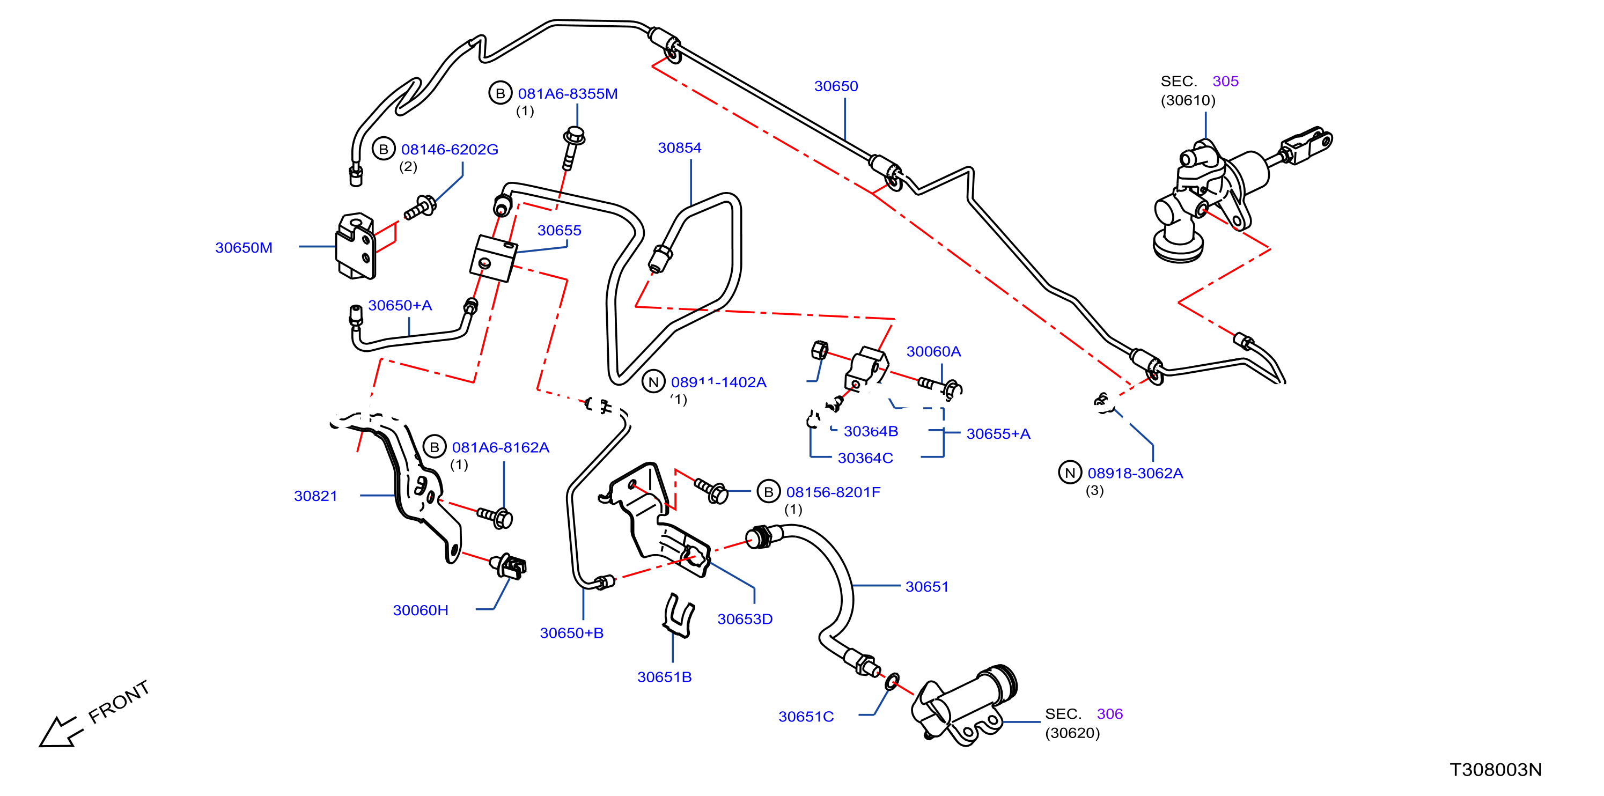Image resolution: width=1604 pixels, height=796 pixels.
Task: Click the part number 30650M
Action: tap(244, 248)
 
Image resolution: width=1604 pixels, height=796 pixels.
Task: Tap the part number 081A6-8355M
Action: tap(568, 94)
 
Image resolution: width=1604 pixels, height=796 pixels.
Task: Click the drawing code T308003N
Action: tap(1496, 770)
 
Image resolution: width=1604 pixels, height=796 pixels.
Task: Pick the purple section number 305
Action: tap(1225, 82)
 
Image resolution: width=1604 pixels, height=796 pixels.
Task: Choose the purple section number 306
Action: tap(1109, 714)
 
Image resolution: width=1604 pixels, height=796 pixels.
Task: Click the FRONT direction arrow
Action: tap(59, 732)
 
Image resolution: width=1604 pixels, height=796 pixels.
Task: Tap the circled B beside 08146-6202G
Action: tap(384, 149)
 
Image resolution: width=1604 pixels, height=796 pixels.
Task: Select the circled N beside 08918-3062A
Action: tap(1070, 473)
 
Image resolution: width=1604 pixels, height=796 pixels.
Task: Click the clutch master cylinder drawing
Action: tap(1239, 193)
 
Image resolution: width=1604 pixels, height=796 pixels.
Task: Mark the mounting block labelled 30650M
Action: tap(356, 246)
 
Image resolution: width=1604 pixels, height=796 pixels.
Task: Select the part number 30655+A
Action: tap(998, 434)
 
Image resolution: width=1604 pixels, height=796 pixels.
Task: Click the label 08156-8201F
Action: tap(833, 492)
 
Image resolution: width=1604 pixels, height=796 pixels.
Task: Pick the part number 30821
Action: tap(315, 496)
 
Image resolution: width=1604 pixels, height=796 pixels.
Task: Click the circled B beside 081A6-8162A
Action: tap(435, 447)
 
